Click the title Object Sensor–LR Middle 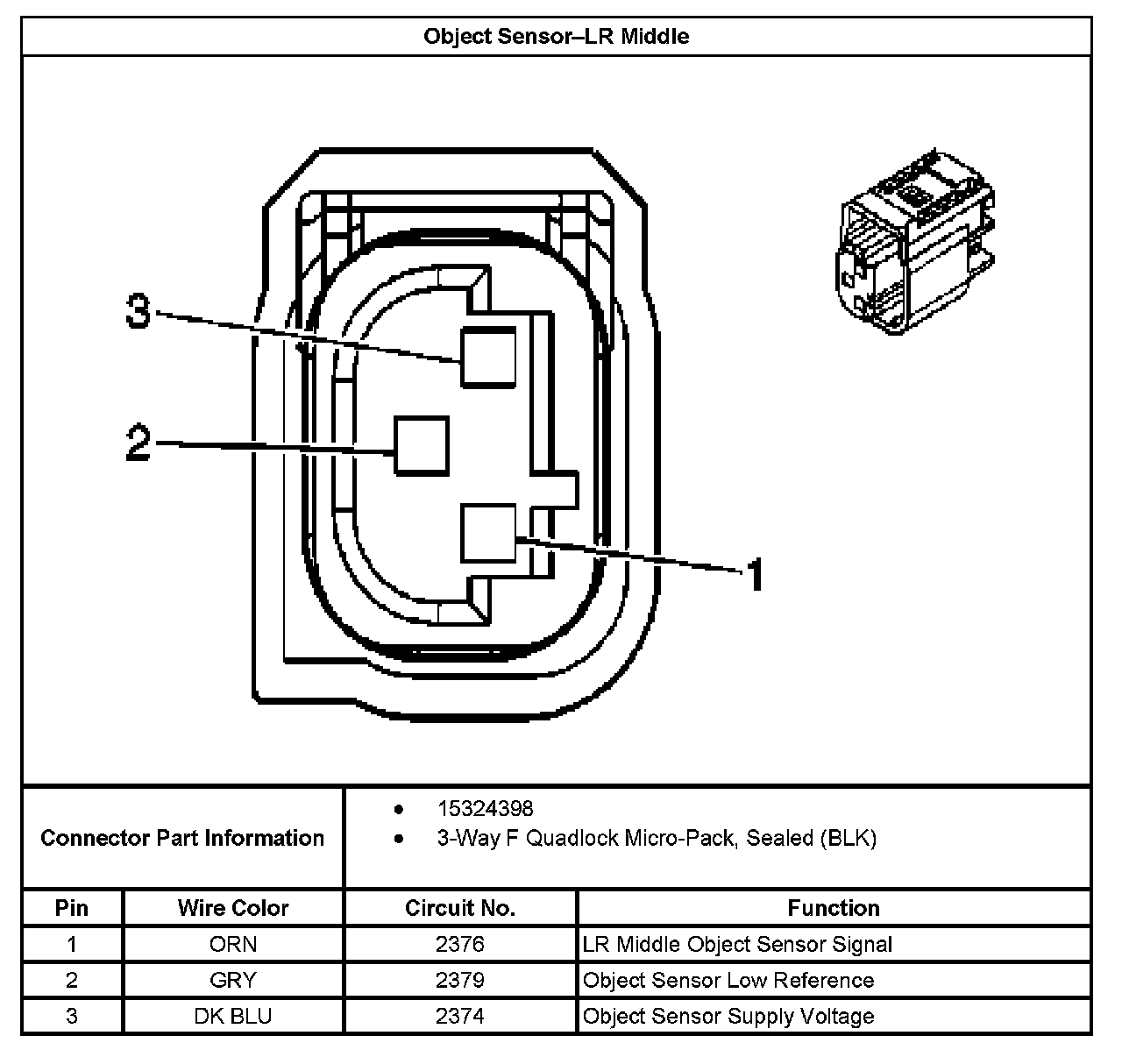click(556, 37)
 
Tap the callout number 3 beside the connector click(138, 311)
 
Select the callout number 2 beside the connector click(138, 443)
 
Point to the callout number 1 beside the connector click(754, 575)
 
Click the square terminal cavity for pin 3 click(488, 357)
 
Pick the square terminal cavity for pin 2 click(422, 445)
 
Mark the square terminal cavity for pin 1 click(488, 532)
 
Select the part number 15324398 click(485, 808)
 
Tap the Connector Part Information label click(182, 838)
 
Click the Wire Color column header click(233, 908)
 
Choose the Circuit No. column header click(460, 908)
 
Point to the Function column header click(834, 908)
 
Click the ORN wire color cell click(233, 944)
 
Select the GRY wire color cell click(233, 980)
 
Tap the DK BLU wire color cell click(233, 1016)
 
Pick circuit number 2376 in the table click(460, 944)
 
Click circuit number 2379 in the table click(460, 980)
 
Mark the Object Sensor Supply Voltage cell click(728, 1016)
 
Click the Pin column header click(72, 908)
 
